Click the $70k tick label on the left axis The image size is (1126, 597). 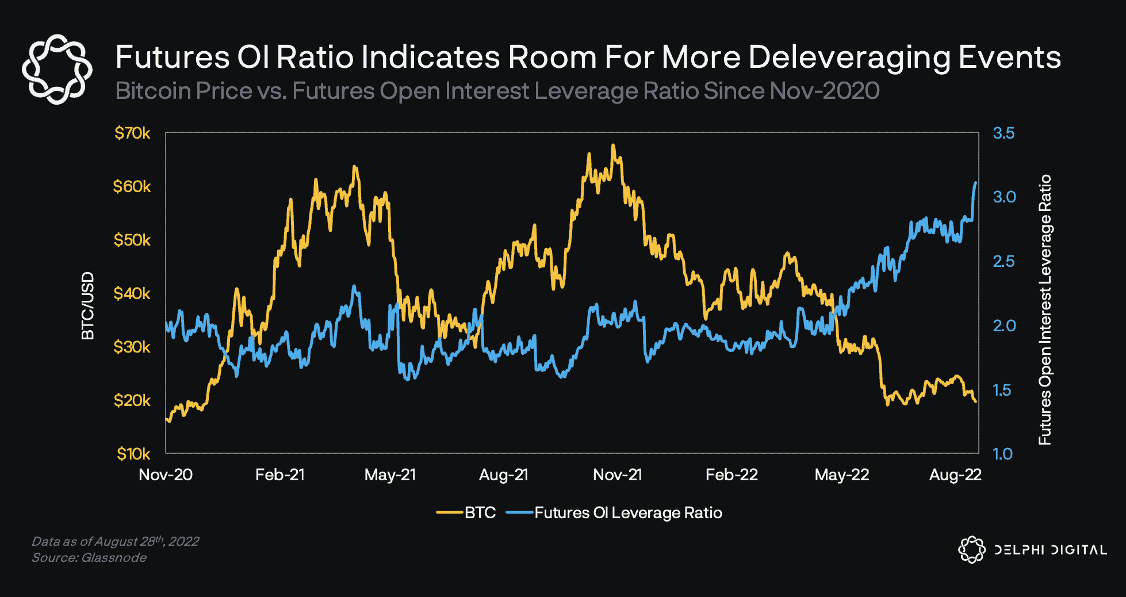click(x=132, y=133)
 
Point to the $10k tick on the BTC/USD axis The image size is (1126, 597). click(x=133, y=454)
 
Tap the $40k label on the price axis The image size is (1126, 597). click(x=132, y=294)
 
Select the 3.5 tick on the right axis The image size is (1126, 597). click(x=1004, y=133)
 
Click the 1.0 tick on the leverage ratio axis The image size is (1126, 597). click(x=1002, y=454)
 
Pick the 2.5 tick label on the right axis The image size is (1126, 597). click(x=1004, y=262)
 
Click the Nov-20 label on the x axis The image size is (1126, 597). click(x=166, y=475)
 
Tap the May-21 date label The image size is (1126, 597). click(x=390, y=475)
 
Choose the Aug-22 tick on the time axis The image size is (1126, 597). click(x=955, y=475)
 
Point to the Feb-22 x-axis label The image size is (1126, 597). click(x=731, y=475)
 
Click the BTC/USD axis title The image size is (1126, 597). click(x=88, y=306)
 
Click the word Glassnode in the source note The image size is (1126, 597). click(x=114, y=558)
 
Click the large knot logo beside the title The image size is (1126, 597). click(x=57, y=69)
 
